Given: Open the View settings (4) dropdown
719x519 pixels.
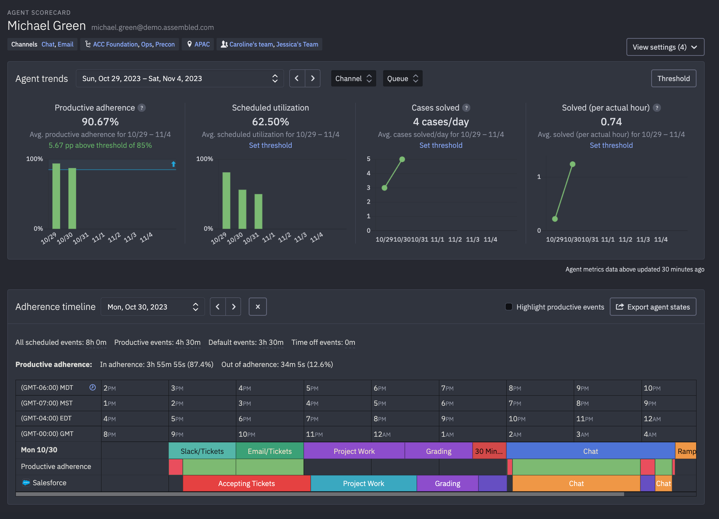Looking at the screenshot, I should pos(665,47).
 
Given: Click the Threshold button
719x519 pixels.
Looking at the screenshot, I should pos(673,78).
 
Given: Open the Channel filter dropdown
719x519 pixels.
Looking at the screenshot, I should pos(353,78).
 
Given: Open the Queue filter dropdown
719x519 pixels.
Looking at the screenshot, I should pos(403,78).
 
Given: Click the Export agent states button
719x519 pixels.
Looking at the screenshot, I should pos(653,307).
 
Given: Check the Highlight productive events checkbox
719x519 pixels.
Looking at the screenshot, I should pos(509,307).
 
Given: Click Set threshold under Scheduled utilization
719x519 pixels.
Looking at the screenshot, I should pos(270,145).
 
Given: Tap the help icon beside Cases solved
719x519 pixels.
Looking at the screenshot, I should pos(466,108).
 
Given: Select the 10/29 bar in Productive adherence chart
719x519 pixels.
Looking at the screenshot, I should pos(56,196).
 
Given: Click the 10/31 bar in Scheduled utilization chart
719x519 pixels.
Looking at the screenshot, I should pos(258,211).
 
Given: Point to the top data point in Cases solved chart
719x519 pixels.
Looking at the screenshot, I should pos(402,159).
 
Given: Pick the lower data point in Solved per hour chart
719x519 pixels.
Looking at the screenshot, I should pos(555,219).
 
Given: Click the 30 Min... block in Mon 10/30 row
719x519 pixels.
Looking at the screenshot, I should pos(489,451).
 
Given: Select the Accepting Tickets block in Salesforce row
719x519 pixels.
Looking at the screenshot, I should pos(246,484).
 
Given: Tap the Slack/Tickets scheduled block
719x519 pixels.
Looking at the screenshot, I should pos(202,451).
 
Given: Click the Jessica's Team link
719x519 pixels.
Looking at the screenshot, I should pos(297,44).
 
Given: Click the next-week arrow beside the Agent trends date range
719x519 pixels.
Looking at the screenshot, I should pos(313,78).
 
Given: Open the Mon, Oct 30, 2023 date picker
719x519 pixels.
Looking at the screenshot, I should pos(153,307).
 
